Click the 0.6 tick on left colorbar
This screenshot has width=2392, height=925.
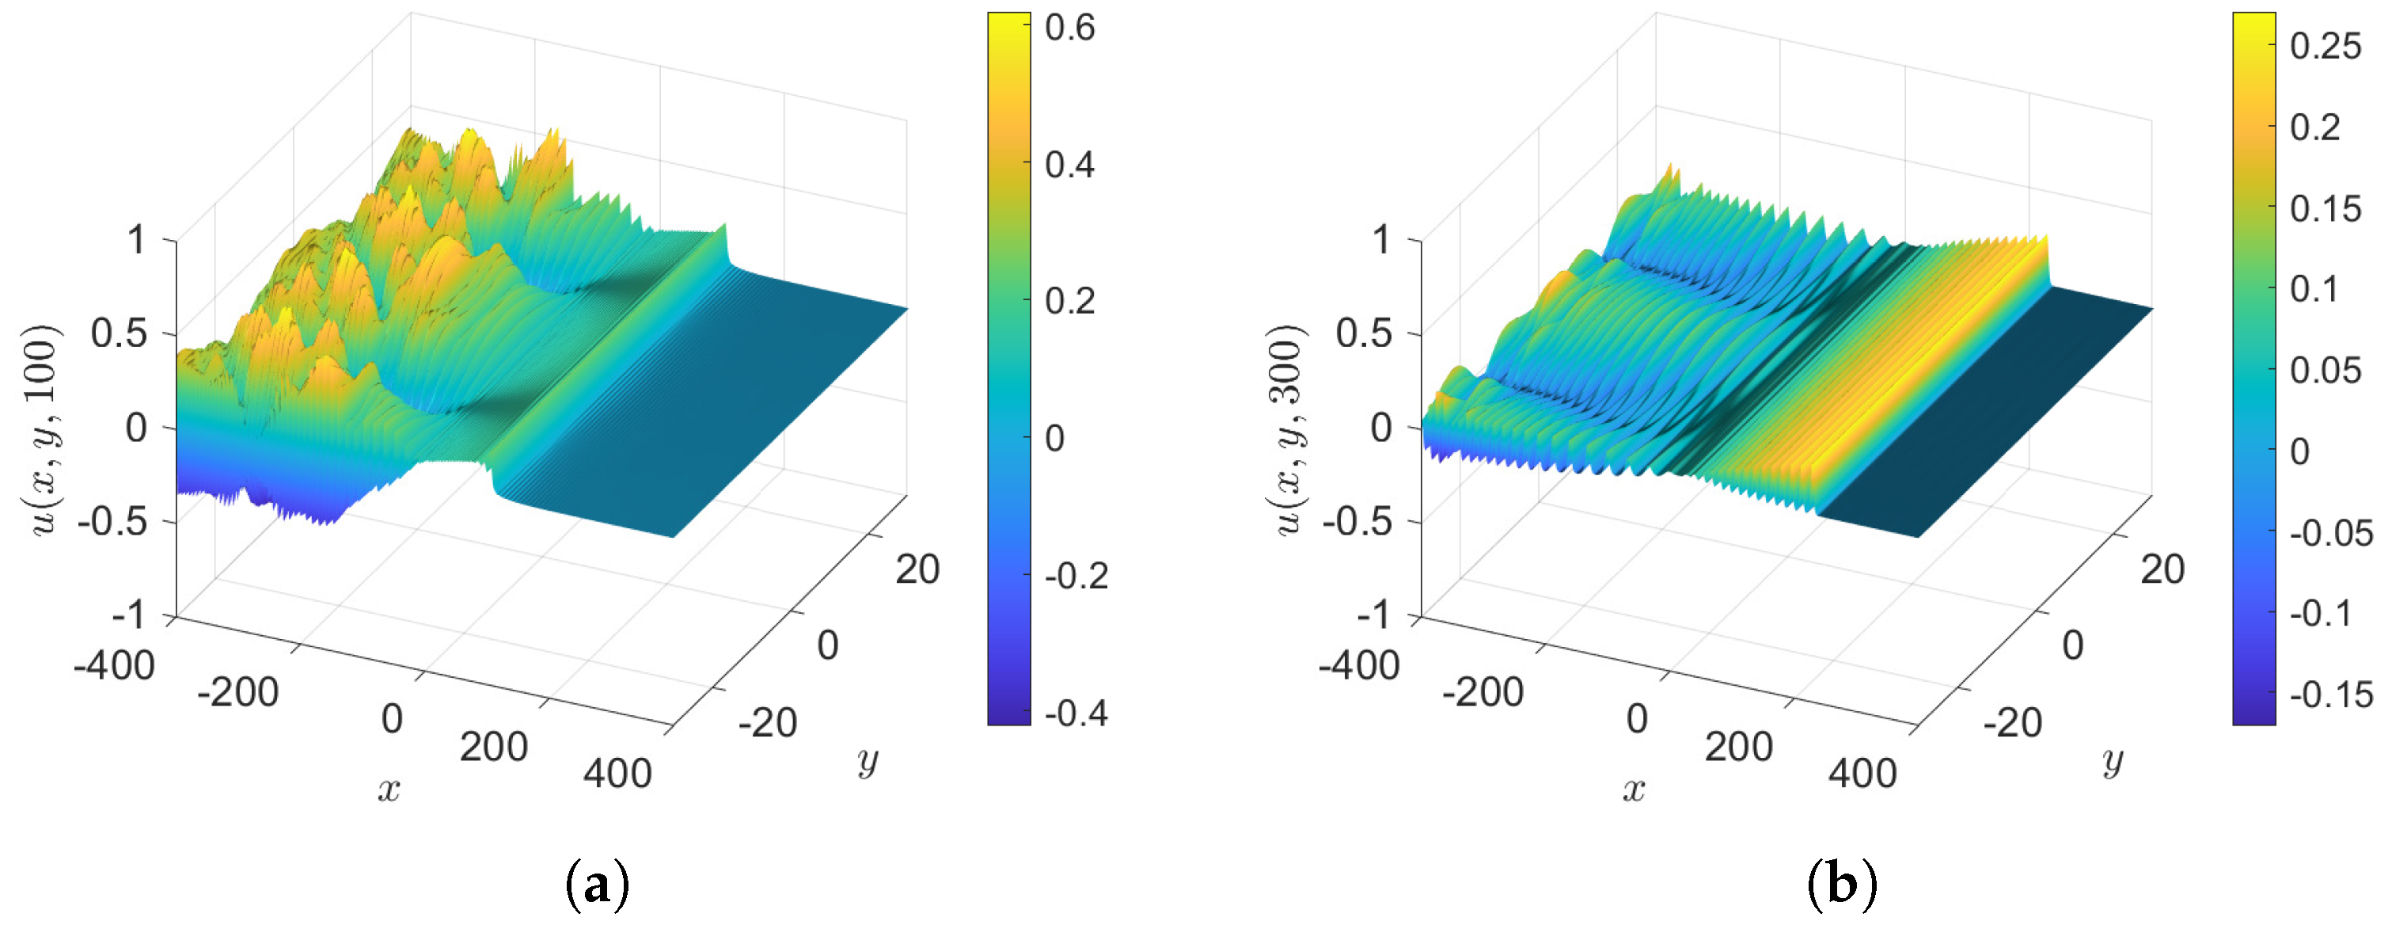click(x=1069, y=28)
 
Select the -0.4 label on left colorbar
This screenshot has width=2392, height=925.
click(x=1075, y=714)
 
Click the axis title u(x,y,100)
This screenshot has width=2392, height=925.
click(x=42, y=429)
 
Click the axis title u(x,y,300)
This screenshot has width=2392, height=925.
click(x=1287, y=429)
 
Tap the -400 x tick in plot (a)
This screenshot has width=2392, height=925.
click(x=113, y=666)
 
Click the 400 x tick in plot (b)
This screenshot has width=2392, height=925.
click(x=1862, y=774)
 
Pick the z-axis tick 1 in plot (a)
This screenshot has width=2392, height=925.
click(x=136, y=241)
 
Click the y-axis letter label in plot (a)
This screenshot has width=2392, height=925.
click(x=868, y=762)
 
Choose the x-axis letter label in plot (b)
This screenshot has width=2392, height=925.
click(x=1634, y=790)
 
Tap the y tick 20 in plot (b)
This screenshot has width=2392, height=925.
click(x=2162, y=569)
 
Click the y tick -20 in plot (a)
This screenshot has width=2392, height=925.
click(x=767, y=722)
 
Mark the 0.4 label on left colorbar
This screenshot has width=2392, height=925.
click(x=1069, y=166)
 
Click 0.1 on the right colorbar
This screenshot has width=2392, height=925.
click(x=2312, y=289)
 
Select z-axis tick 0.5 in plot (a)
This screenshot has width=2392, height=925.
click(x=119, y=333)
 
